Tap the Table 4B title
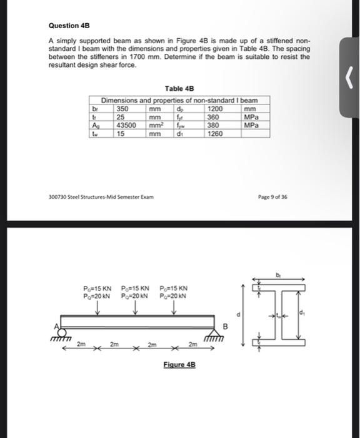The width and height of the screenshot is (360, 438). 179,89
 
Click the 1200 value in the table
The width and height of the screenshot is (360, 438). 215,109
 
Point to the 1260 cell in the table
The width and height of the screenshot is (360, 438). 215,133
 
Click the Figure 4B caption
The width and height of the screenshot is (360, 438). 178,364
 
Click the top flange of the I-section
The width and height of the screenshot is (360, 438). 278,288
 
